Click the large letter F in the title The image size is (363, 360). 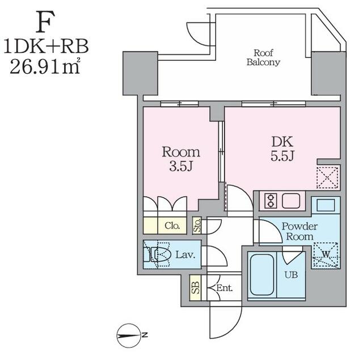click(45, 22)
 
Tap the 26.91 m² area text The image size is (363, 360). click(45, 66)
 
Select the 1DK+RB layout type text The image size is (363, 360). click(46, 46)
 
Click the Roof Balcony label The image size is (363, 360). click(263, 58)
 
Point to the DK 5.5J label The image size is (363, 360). click(282, 149)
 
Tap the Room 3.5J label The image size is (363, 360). click(181, 159)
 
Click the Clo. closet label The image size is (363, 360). click(172, 226)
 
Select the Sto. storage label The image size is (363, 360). click(197, 226)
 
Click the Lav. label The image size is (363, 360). click(185, 255)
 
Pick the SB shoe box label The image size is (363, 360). click(196, 287)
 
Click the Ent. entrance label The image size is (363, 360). click(225, 288)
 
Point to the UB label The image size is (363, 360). click(291, 275)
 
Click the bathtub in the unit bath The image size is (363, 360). click(262, 275)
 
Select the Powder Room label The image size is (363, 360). click(299, 231)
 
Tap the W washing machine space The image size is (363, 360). click(326, 255)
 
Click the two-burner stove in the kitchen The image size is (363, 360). click(271, 201)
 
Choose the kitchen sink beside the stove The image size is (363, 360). click(291, 201)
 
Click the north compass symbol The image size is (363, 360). click(129, 335)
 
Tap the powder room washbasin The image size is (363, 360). click(326, 205)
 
